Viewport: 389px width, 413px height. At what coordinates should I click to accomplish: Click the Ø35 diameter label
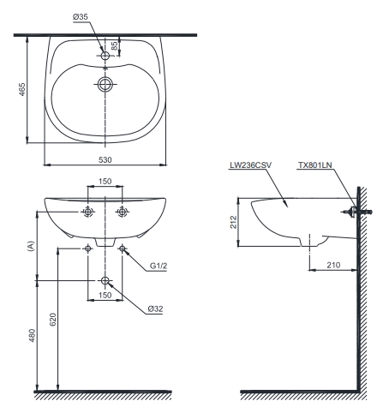tap(81, 17)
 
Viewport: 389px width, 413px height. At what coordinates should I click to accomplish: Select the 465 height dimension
tap(22, 89)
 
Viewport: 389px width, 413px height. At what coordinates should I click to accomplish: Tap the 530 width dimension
tap(105, 160)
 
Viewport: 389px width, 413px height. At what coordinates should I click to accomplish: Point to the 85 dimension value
tap(114, 46)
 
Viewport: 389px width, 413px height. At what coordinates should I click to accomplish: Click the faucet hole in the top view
tap(105, 56)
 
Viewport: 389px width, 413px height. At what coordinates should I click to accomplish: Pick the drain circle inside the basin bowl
tap(105, 84)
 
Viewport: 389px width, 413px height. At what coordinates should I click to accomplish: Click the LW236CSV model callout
tap(250, 165)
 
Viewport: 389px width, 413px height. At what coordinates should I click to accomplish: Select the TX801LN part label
tap(315, 165)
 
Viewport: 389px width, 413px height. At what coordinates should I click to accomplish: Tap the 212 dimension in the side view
tap(234, 222)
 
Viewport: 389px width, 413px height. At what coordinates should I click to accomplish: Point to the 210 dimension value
tap(333, 265)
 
